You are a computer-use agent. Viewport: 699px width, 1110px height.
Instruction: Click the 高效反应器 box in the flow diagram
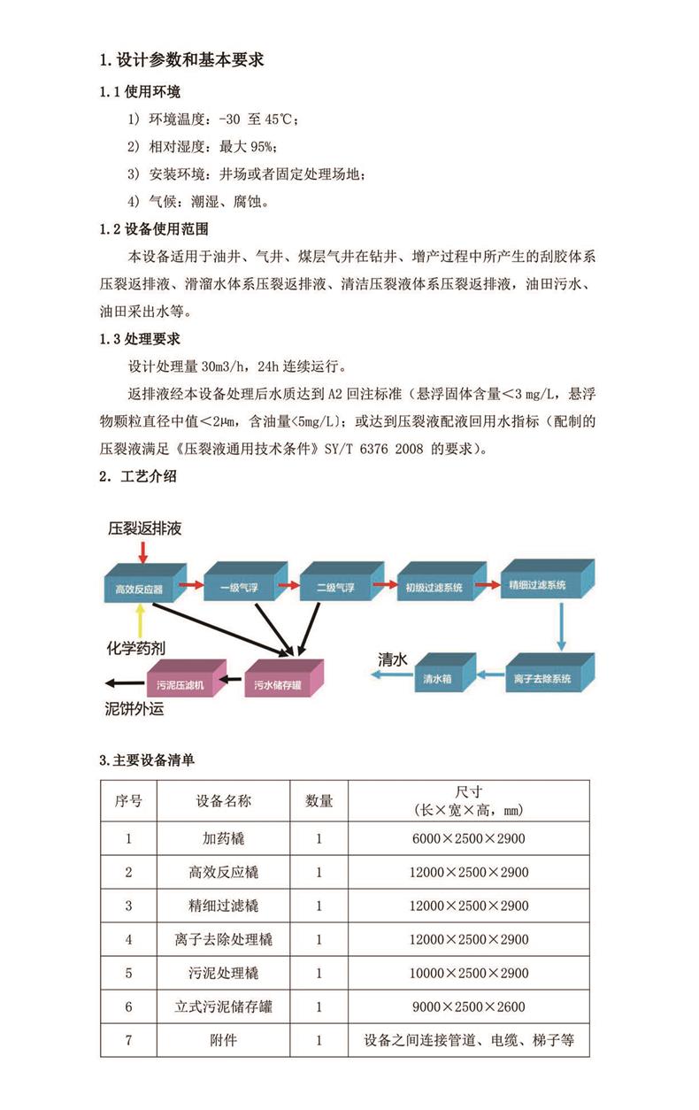[x=144, y=583]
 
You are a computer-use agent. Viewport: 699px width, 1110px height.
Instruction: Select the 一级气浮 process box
[x=246, y=582]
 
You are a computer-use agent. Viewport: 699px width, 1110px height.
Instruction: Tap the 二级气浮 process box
[x=342, y=582]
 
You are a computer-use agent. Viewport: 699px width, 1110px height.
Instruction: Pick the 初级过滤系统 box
[x=442, y=582]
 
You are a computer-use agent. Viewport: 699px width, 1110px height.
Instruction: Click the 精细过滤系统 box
[x=548, y=579]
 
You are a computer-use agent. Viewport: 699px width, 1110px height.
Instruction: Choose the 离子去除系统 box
[x=549, y=673]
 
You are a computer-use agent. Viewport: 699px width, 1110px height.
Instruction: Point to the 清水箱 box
[x=445, y=673]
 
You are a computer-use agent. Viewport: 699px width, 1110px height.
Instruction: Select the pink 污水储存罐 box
[x=284, y=678]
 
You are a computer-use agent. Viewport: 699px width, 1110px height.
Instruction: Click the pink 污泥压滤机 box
[x=187, y=678]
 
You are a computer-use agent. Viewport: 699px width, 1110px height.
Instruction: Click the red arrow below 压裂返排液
[x=143, y=552]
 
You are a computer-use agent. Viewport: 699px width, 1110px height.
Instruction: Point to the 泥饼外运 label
[x=134, y=709]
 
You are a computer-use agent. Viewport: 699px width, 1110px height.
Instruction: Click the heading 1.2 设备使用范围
[x=154, y=229]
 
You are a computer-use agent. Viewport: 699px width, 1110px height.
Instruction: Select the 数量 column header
[x=319, y=801]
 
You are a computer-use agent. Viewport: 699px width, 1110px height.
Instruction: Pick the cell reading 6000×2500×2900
[x=469, y=838]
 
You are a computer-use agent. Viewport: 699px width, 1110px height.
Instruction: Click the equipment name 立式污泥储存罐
[x=224, y=1006]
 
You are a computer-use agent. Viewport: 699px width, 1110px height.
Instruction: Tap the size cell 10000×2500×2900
[x=469, y=973]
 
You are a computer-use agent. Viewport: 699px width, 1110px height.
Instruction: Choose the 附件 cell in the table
[x=224, y=1040]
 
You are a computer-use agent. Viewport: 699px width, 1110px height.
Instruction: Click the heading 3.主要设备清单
[x=147, y=760]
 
